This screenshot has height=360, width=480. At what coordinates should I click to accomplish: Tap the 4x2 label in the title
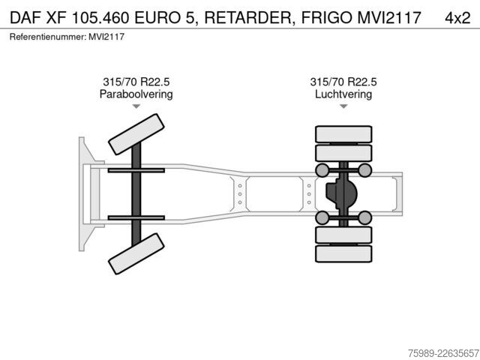[x=457, y=18]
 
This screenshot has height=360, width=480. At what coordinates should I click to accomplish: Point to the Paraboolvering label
[x=136, y=94]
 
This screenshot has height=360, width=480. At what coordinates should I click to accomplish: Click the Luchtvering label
[x=343, y=94]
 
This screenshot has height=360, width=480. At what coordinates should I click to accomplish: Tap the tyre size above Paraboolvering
[x=136, y=82]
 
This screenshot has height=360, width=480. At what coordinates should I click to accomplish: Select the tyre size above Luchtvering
[x=343, y=82]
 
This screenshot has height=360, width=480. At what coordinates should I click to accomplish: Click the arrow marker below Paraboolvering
[x=136, y=106]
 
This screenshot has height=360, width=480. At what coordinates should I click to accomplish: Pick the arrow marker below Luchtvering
[x=343, y=106]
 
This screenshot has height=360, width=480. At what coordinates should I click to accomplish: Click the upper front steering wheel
[x=136, y=134]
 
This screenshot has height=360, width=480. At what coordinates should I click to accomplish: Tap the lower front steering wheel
[x=136, y=253]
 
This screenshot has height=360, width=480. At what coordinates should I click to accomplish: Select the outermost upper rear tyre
[x=343, y=134]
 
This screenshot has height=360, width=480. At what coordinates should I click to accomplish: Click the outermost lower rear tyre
[x=343, y=253]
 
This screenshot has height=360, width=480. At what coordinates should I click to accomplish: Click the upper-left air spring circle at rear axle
[x=322, y=170]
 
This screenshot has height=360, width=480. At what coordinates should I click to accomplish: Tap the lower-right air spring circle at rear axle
[x=365, y=217]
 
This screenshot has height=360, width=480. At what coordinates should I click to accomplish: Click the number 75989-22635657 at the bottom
[x=443, y=353]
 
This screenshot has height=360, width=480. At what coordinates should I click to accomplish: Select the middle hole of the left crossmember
[x=240, y=194]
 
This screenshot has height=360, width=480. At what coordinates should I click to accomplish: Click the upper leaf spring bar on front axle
[x=136, y=170]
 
